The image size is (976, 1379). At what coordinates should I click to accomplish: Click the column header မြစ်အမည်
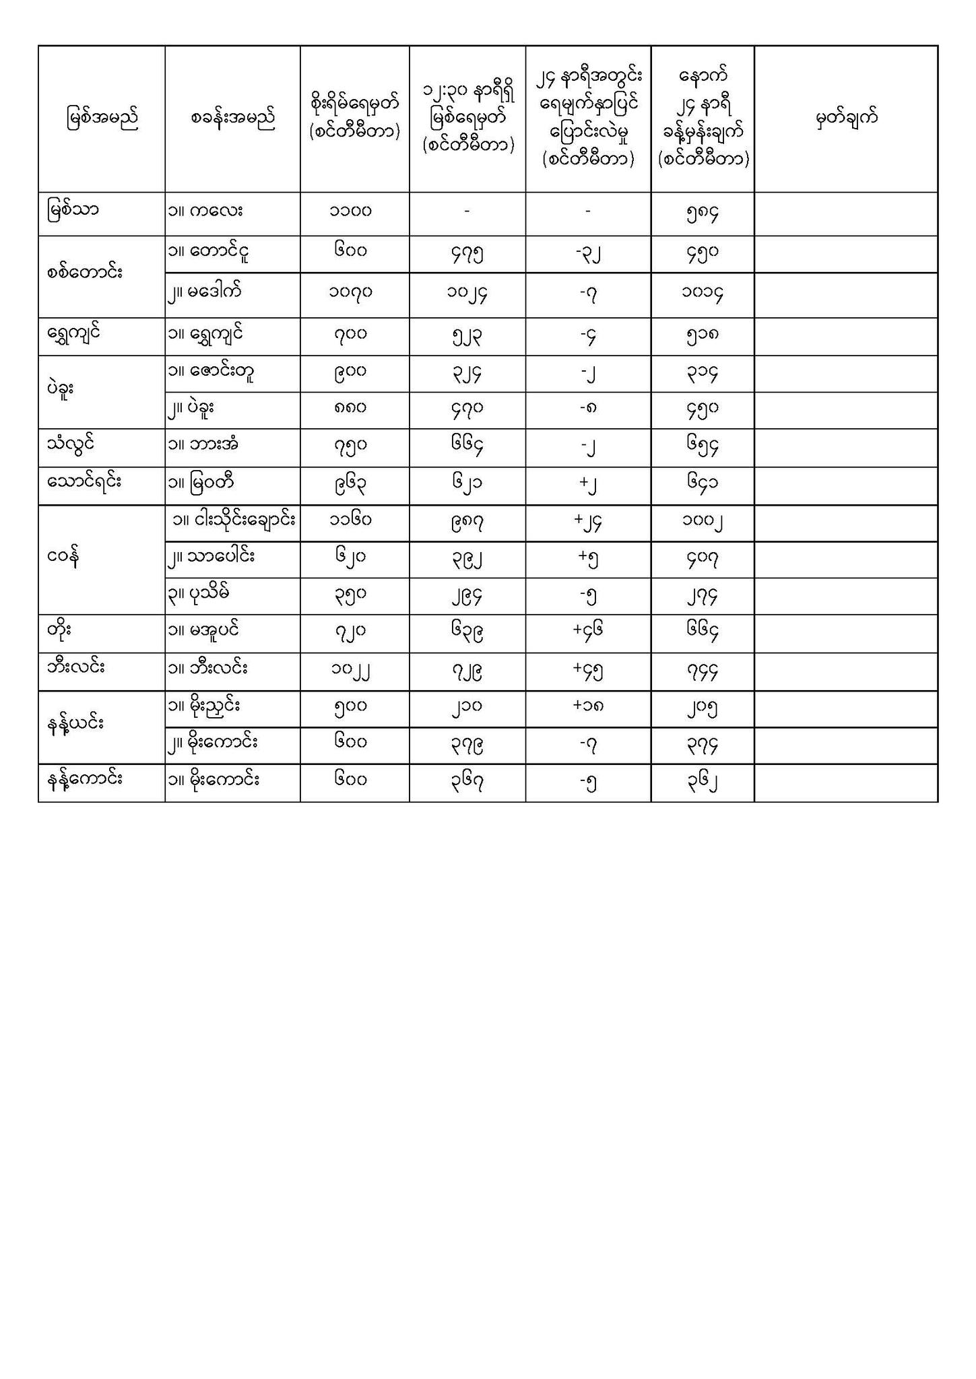pyautogui.click(x=102, y=119)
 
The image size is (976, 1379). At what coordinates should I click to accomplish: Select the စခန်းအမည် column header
pyautogui.click(x=232, y=119)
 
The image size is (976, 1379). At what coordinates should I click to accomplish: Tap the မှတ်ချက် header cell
pyautogui.click(x=846, y=119)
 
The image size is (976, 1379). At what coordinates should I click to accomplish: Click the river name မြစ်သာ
pyautogui.click(x=73, y=210)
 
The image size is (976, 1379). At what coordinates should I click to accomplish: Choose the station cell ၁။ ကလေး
pyautogui.click(x=205, y=211)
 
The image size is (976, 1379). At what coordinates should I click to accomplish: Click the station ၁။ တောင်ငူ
pyautogui.click(x=212, y=253)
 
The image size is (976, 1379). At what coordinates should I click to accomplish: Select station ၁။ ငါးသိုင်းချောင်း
pyautogui.click(x=234, y=520)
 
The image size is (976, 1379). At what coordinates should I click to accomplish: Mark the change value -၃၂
pyautogui.click(x=587, y=254)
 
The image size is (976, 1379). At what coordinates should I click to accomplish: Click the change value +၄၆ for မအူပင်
pyautogui.click(x=587, y=631)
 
